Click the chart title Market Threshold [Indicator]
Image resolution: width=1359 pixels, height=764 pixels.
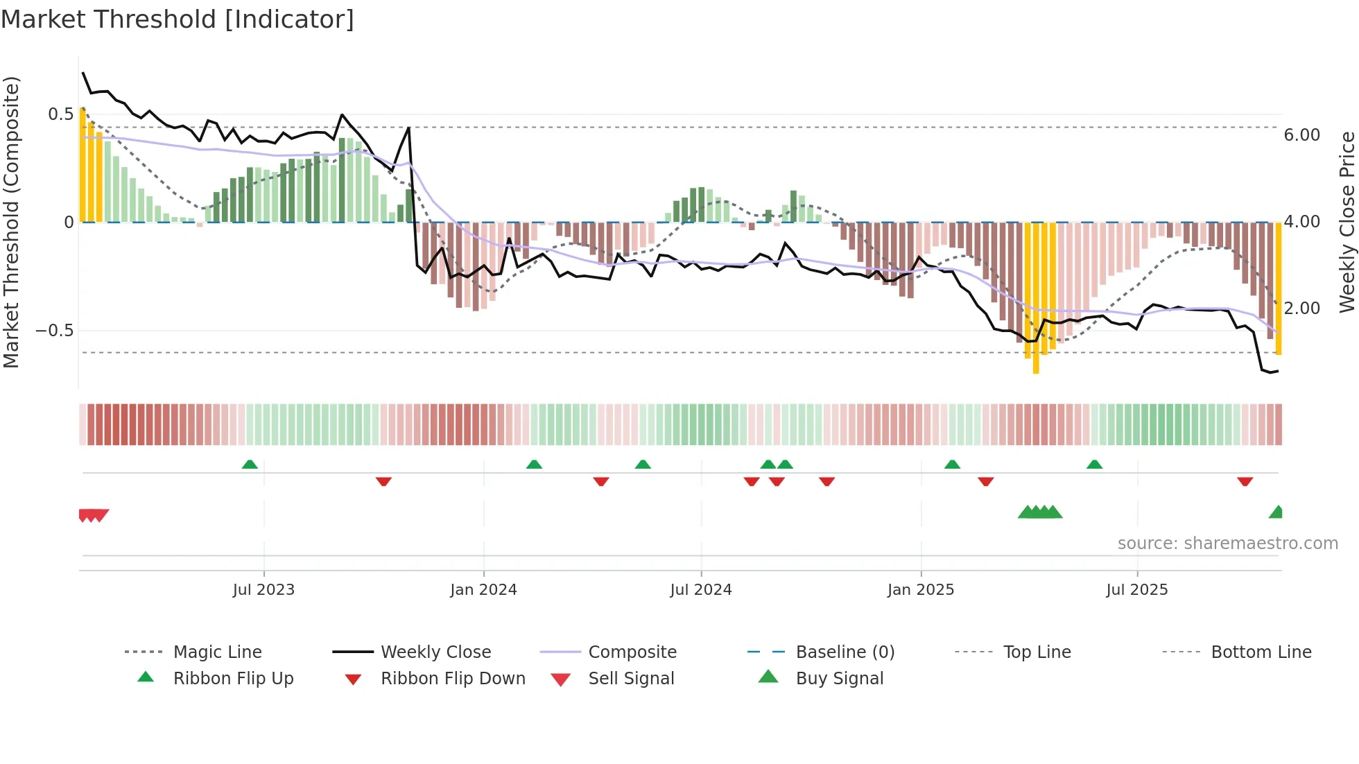178,19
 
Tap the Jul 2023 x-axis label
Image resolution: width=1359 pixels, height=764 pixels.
263,590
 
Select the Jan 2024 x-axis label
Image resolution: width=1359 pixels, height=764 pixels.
483,590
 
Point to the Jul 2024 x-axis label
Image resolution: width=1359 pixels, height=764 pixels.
700,590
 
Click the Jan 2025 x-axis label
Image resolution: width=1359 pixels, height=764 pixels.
921,590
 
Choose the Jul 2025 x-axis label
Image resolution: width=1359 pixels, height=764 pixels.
1137,590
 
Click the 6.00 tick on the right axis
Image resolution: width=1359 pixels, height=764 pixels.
1301,135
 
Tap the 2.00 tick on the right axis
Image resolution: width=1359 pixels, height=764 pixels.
1301,309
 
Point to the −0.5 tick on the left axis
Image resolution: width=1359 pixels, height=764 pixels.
54,331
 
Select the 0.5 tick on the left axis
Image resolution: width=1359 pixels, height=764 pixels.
60,114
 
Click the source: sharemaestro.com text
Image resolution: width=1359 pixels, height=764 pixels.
1227,544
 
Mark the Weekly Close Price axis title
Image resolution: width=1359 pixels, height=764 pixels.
1347,222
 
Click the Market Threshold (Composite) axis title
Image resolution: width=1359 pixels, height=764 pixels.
11,222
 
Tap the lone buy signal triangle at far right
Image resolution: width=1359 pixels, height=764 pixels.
1276,513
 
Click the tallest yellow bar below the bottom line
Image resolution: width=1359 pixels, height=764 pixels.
1036,298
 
